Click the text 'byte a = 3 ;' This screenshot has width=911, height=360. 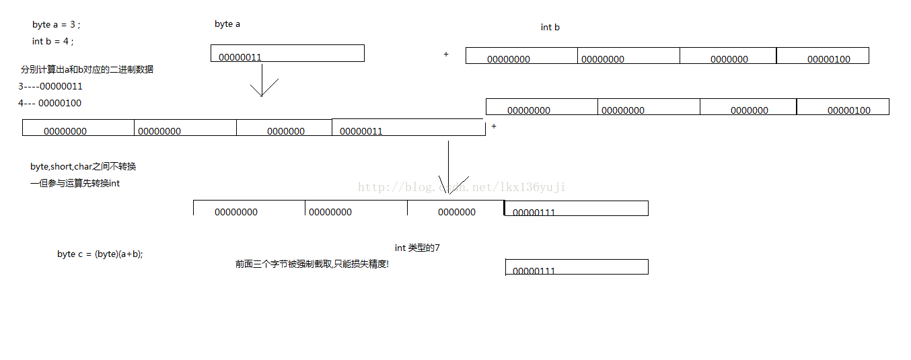57,25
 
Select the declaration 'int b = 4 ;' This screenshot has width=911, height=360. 53,41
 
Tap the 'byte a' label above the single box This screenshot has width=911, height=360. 227,24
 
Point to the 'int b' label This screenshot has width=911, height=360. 550,28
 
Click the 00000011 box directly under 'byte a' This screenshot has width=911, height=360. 287,54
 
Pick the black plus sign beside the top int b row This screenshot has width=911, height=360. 446,55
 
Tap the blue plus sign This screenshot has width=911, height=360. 494,127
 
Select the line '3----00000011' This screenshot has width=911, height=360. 50,87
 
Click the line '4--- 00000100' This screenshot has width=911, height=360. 50,104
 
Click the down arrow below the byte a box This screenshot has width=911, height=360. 262,86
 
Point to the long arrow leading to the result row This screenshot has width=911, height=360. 449,168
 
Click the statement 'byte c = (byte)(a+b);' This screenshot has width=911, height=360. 100,254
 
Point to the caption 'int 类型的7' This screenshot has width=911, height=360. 417,248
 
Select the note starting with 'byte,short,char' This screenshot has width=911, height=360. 83,167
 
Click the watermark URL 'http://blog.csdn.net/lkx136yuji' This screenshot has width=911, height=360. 462,187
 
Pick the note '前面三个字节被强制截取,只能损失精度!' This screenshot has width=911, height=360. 312,264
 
